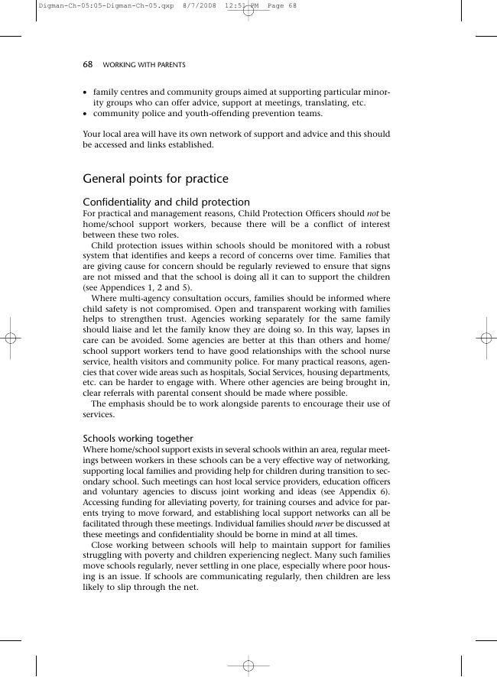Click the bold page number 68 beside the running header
point(87,65)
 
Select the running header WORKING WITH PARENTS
point(144,65)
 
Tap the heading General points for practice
point(155,179)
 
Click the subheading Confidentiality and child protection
point(166,202)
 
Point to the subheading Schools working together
point(138,439)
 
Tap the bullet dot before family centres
point(86,92)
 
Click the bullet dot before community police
point(86,114)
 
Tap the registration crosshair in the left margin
point(11,339)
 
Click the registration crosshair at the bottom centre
point(248,666)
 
